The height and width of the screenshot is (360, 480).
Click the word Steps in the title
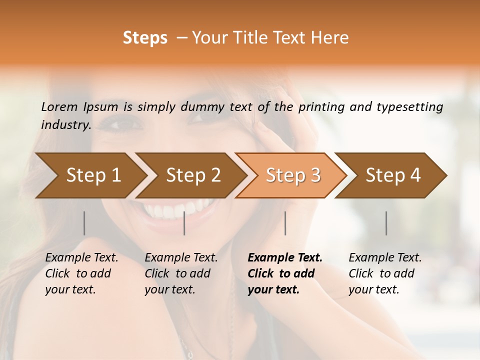[145, 38]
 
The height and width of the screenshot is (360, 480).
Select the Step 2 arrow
[193, 175]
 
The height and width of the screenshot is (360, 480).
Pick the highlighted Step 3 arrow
[293, 175]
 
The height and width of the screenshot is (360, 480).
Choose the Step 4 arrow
[393, 175]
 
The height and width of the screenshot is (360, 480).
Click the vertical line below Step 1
[84, 223]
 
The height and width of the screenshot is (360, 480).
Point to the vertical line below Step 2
[184, 223]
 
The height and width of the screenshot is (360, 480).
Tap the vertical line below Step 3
[285, 223]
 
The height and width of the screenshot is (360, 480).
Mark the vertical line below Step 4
[386, 223]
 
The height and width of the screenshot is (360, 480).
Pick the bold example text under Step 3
[284, 273]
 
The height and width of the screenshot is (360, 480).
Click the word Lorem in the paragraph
[59, 107]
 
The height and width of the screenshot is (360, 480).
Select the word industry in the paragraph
[65, 125]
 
